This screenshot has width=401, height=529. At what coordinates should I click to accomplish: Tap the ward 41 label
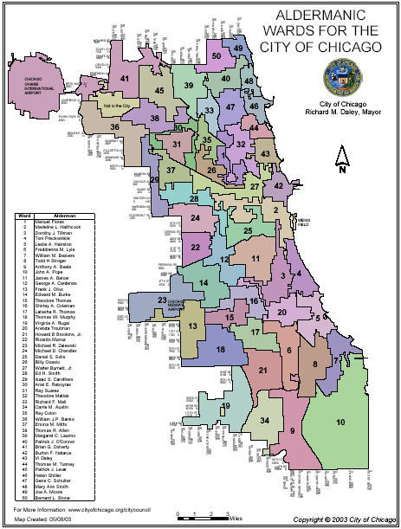(x=126, y=80)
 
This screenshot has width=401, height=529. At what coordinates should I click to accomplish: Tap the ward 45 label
(x=158, y=90)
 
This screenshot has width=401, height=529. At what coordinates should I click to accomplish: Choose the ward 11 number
(x=255, y=258)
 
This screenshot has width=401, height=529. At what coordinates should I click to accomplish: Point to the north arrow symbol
(x=342, y=160)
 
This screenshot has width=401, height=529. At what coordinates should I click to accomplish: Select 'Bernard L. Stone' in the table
(x=57, y=499)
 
